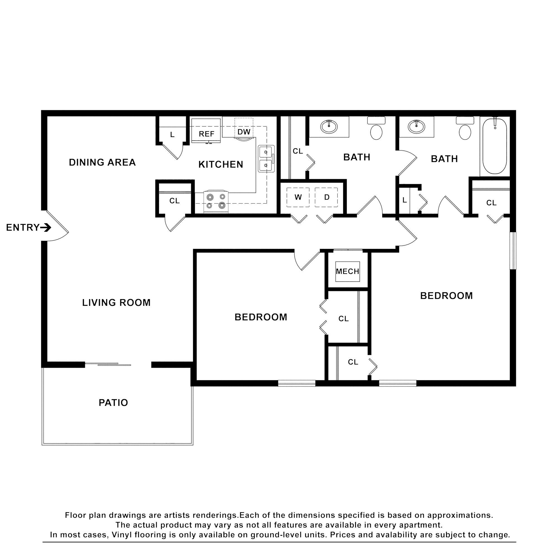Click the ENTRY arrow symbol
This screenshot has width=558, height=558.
point(46,228)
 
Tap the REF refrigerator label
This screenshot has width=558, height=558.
point(206,134)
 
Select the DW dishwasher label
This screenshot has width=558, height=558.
point(244,132)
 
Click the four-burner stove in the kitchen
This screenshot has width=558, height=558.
point(216,202)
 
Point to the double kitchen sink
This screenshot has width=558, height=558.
point(266,159)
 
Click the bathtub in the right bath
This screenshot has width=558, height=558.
point(494,146)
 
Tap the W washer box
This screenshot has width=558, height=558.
point(298,197)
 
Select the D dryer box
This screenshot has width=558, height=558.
point(326,197)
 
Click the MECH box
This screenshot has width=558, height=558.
point(347,271)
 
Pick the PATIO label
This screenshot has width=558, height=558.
point(113,403)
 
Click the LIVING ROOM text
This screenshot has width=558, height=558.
point(116,303)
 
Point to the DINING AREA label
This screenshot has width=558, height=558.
point(102,162)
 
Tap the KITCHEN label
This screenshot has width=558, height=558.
point(221,164)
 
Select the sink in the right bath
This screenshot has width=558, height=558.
point(416,126)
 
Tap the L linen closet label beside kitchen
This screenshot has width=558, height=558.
point(172,134)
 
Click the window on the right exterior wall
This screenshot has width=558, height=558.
point(513,251)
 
